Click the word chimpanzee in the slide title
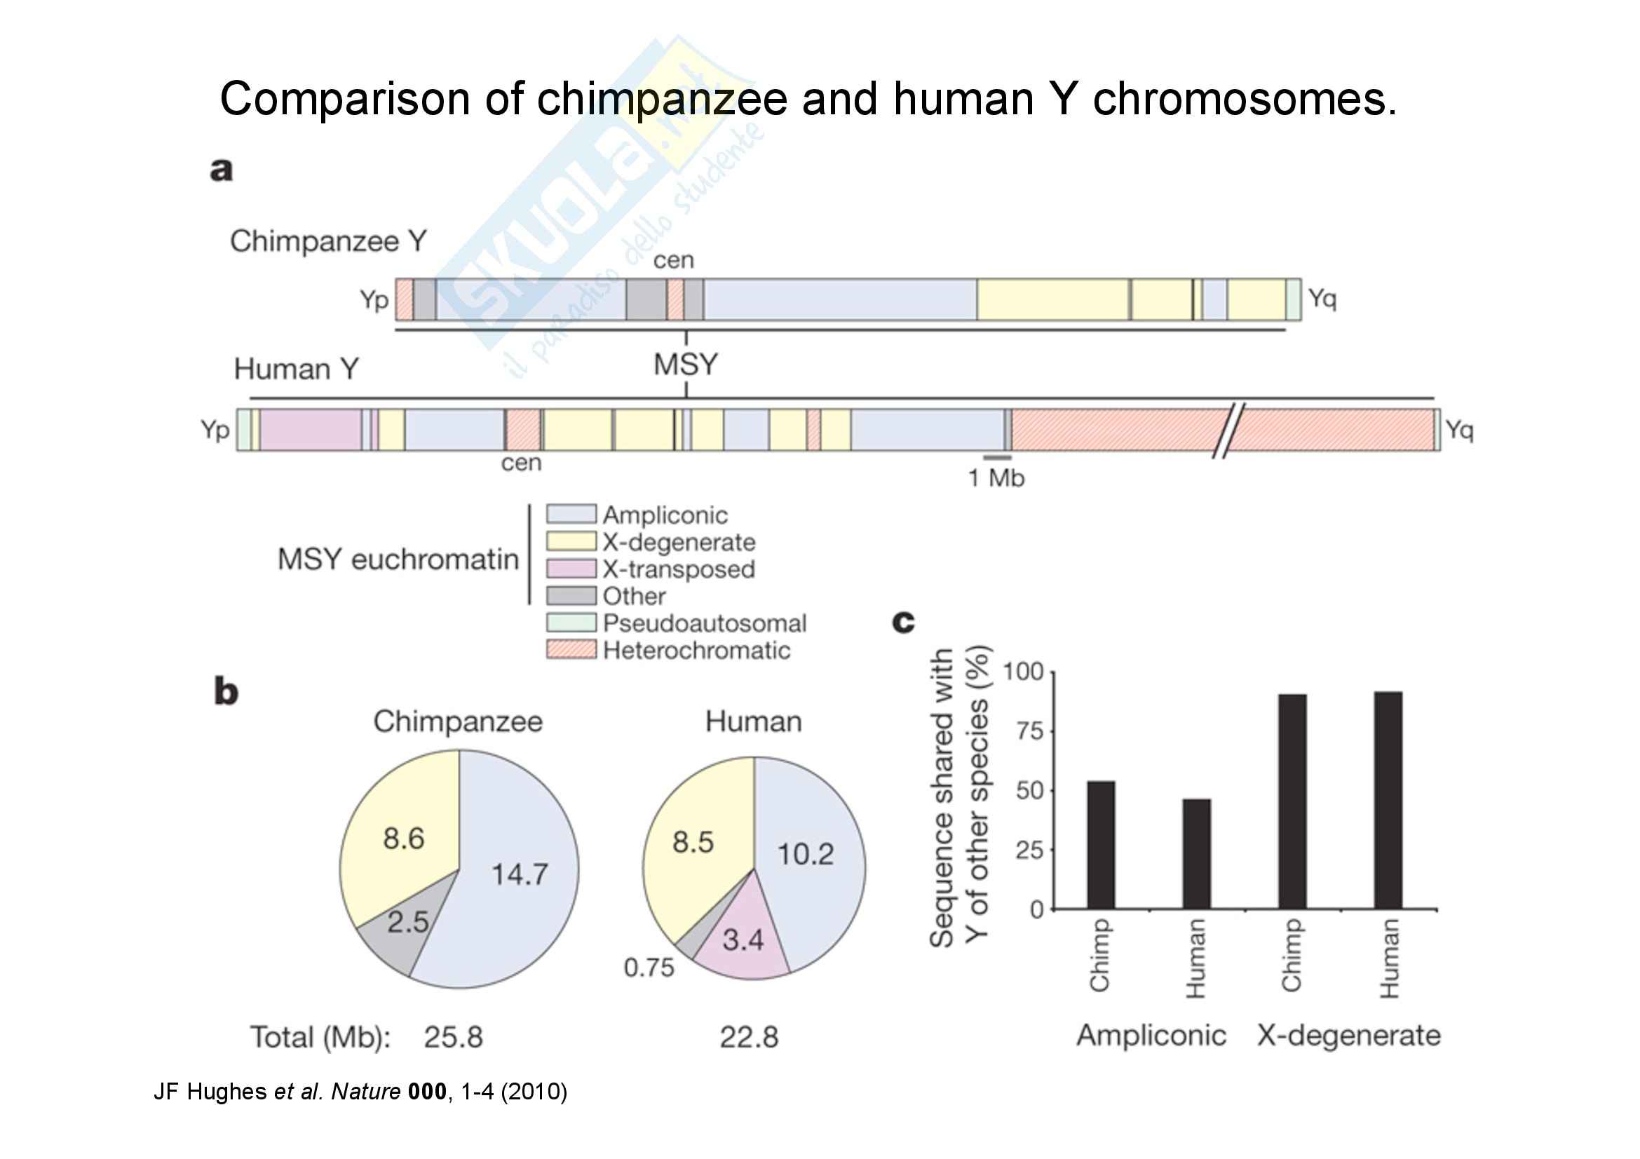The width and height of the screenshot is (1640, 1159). (x=662, y=99)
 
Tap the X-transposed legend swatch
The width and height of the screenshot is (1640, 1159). (x=571, y=569)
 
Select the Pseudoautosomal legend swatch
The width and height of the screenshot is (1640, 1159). (x=571, y=623)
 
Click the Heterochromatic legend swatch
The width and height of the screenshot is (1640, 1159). (x=571, y=650)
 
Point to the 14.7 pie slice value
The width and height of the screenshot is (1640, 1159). (x=520, y=875)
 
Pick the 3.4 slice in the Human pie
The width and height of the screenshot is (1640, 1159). (x=743, y=940)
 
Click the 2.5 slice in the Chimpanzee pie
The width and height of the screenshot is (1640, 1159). (x=407, y=923)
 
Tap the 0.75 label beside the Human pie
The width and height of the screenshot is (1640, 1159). (x=649, y=968)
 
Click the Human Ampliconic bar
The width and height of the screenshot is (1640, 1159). (x=1196, y=853)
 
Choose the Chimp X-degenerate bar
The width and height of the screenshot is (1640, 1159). (x=1292, y=801)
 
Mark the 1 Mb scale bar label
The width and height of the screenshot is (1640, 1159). (x=996, y=477)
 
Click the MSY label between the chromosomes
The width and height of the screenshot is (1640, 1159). (x=686, y=365)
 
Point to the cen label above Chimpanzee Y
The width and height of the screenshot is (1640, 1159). (x=674, y=261)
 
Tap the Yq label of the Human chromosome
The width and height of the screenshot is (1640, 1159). (x=1459, y=429)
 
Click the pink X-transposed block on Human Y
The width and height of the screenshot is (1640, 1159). (x=311, y=430)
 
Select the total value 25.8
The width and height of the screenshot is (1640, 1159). (x=453, y=1037)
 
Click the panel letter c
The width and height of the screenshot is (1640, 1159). (x=904, y=622)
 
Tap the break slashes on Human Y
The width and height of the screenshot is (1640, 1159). (x=1228, y=430)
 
